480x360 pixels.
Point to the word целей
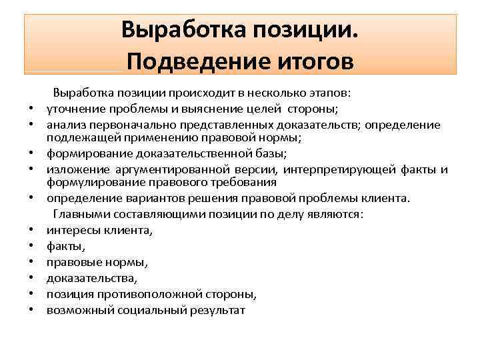pos(263,109)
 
